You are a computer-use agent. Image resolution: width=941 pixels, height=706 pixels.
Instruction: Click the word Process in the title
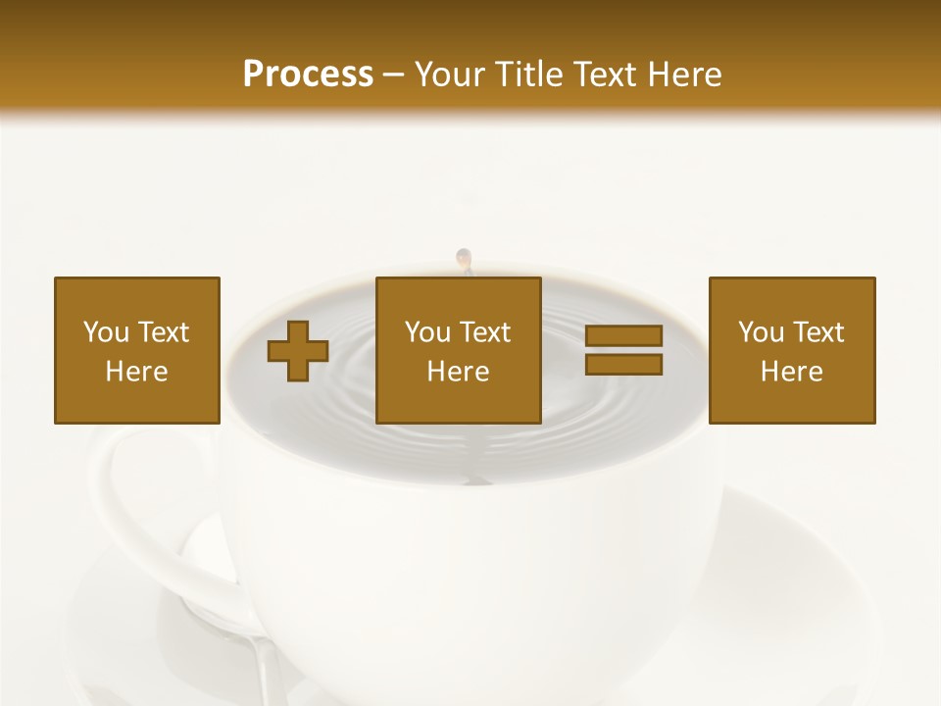pyautogui.click(x=308, y=75)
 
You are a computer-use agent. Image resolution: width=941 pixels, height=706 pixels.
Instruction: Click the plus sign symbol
pyautogui.click(x=298, y=351)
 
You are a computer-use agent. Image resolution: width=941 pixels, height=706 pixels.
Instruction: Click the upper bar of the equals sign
pyautogui.click(x=623, y=336)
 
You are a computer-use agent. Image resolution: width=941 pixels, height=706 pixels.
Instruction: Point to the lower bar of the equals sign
pyautogui.click(x=623, y=364)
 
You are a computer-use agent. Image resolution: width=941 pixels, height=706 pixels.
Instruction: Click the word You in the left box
pyautogui.click(x=106, y=332)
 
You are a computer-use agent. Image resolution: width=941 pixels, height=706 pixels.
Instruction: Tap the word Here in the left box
pyautogui.click(x=137, y=372)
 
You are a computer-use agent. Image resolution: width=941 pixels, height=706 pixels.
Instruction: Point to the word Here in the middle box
pyautogui.click(x=459, y=372)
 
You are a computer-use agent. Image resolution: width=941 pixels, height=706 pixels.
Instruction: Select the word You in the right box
pyautogui.click(x=761, y=332)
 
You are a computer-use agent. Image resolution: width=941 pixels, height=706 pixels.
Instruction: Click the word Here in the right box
pyautogui.click(x=792, y=372)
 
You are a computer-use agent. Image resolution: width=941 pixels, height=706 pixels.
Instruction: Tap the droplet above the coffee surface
pyautogui.click(x=464, y=259)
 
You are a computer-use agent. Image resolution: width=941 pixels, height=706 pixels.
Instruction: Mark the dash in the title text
pyautogui.click(x=393, y=76)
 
